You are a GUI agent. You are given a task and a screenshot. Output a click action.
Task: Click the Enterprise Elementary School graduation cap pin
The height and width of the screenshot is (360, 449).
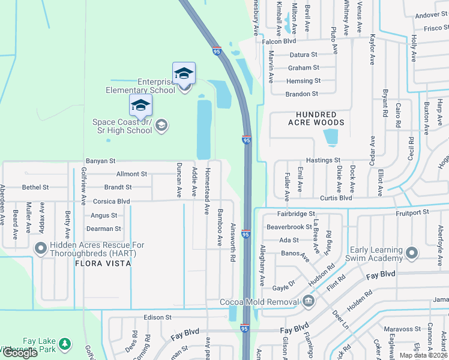coord(184,74)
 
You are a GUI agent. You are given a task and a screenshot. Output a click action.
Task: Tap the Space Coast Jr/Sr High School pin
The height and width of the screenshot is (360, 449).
coord(140,106)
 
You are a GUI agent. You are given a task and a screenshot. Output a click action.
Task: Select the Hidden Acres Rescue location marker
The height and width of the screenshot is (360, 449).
coord(41,247)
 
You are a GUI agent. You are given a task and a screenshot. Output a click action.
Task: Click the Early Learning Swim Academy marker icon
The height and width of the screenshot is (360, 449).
coord(412,253)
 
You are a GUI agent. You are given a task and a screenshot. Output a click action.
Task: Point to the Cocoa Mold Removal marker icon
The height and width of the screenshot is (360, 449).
coord(308,301)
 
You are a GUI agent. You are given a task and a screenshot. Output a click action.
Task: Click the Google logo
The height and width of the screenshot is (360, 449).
coord(20,353)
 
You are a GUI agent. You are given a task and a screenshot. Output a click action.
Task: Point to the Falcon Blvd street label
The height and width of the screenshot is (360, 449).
coord(279,42)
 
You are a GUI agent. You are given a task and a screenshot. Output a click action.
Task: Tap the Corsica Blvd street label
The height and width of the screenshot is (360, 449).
coord(111,202)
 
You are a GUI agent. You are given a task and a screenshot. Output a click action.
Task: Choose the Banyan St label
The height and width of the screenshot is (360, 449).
coord(100,161)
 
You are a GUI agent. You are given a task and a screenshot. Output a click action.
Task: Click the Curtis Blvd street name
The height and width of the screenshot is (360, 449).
coord(336,198)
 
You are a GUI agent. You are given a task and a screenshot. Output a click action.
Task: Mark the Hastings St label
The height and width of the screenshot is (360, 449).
coord(323,160)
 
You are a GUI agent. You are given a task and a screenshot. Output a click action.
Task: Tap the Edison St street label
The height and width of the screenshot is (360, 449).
coord(158,317)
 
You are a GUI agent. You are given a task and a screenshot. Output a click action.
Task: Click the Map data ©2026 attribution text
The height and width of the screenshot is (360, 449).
coord(423,355)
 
